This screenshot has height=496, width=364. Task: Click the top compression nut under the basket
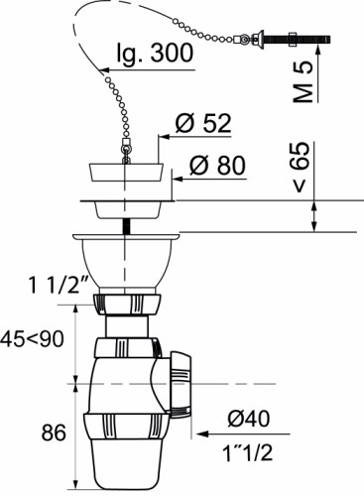click(126, 302)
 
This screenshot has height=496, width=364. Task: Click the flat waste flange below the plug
click(126, 208)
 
